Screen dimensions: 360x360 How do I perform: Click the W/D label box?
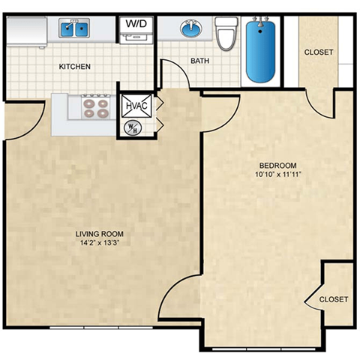pyautogui.click(x=136, y=24)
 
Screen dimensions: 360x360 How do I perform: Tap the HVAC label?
pyautogui.click(x=136, y=106)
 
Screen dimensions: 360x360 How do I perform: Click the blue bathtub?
pyautogui.click(x=261, y=51)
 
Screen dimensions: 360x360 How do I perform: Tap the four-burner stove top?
pyautogui.click(x=96, y=108)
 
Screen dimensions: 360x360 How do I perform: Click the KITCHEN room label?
pyautogui.click(x=74, y=67)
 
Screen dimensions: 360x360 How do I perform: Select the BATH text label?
pyautogui.click(x=199, y=60)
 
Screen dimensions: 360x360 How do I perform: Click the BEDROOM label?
pyautogui.click(x=277, y=166)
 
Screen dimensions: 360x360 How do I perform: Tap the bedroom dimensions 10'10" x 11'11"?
pyautogui.click(x=277, y=175)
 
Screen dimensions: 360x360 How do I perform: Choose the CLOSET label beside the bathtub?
pyautogui.click(x=319, y=52)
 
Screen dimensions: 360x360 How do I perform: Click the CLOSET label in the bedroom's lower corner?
pyautogui.click(x=334, y=299)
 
